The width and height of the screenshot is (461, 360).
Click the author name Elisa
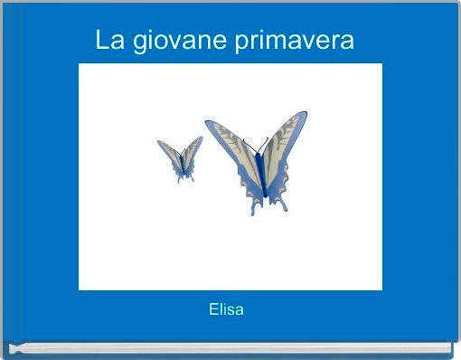point(226,310)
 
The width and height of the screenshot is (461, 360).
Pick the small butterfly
point(181,159)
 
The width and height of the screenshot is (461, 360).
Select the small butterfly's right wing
point(192,151)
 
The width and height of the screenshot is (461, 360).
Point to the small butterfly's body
point(181,164)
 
